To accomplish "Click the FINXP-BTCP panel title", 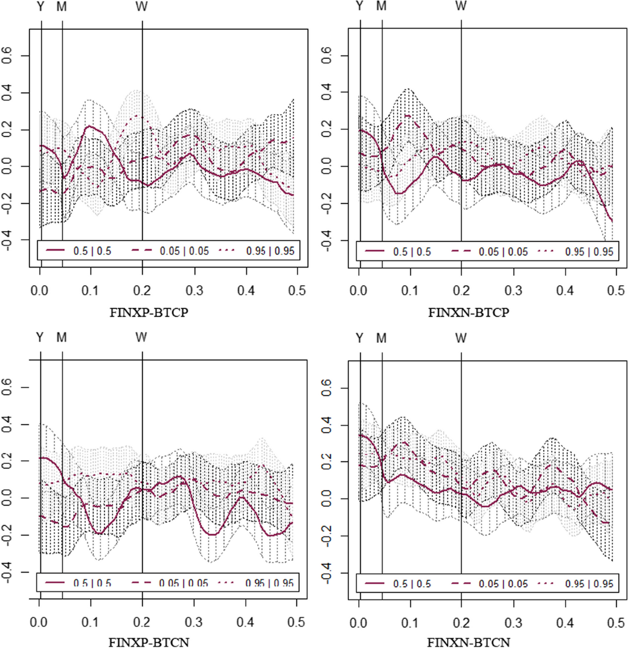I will point(149,313).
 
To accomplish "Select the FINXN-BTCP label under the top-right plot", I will point(468,313).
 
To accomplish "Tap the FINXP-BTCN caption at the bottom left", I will point(149,642).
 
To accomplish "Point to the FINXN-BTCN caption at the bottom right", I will point(468,642).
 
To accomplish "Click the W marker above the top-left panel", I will point(141,7).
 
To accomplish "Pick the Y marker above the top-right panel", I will point(359,6).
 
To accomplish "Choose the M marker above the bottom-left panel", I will point(62,338).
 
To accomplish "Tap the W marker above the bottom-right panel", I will point(461,338).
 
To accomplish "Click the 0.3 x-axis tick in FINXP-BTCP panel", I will point(194,291).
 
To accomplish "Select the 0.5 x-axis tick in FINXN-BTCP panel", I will point(616,291).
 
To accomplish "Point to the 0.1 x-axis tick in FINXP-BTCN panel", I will point(90,622).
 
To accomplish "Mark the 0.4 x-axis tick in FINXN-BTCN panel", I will point(565,623).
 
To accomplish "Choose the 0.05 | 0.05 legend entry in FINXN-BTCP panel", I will point(503,252).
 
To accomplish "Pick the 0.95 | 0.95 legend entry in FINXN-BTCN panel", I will point(589,584).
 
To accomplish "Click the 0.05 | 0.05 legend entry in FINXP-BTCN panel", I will point(183,583).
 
